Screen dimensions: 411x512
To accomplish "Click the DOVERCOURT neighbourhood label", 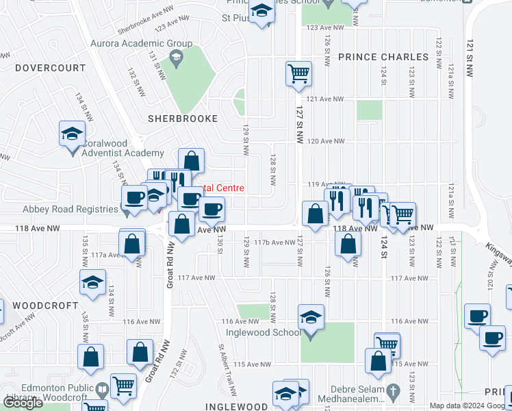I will coord(51,68).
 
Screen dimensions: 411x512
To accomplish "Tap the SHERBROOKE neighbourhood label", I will coord(183,119).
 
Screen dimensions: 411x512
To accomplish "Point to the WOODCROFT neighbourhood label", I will coord(29,302).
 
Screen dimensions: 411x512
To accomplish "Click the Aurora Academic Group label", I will coord(142,44).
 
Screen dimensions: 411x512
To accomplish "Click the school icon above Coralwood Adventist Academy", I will coord(71,134).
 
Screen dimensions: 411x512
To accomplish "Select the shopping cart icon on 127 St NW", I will coord(298,73).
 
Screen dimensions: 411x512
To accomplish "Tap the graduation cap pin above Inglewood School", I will coord(311,318).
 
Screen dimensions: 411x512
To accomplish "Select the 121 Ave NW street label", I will coord(325,99).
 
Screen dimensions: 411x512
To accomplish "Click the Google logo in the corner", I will coord(23,403).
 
